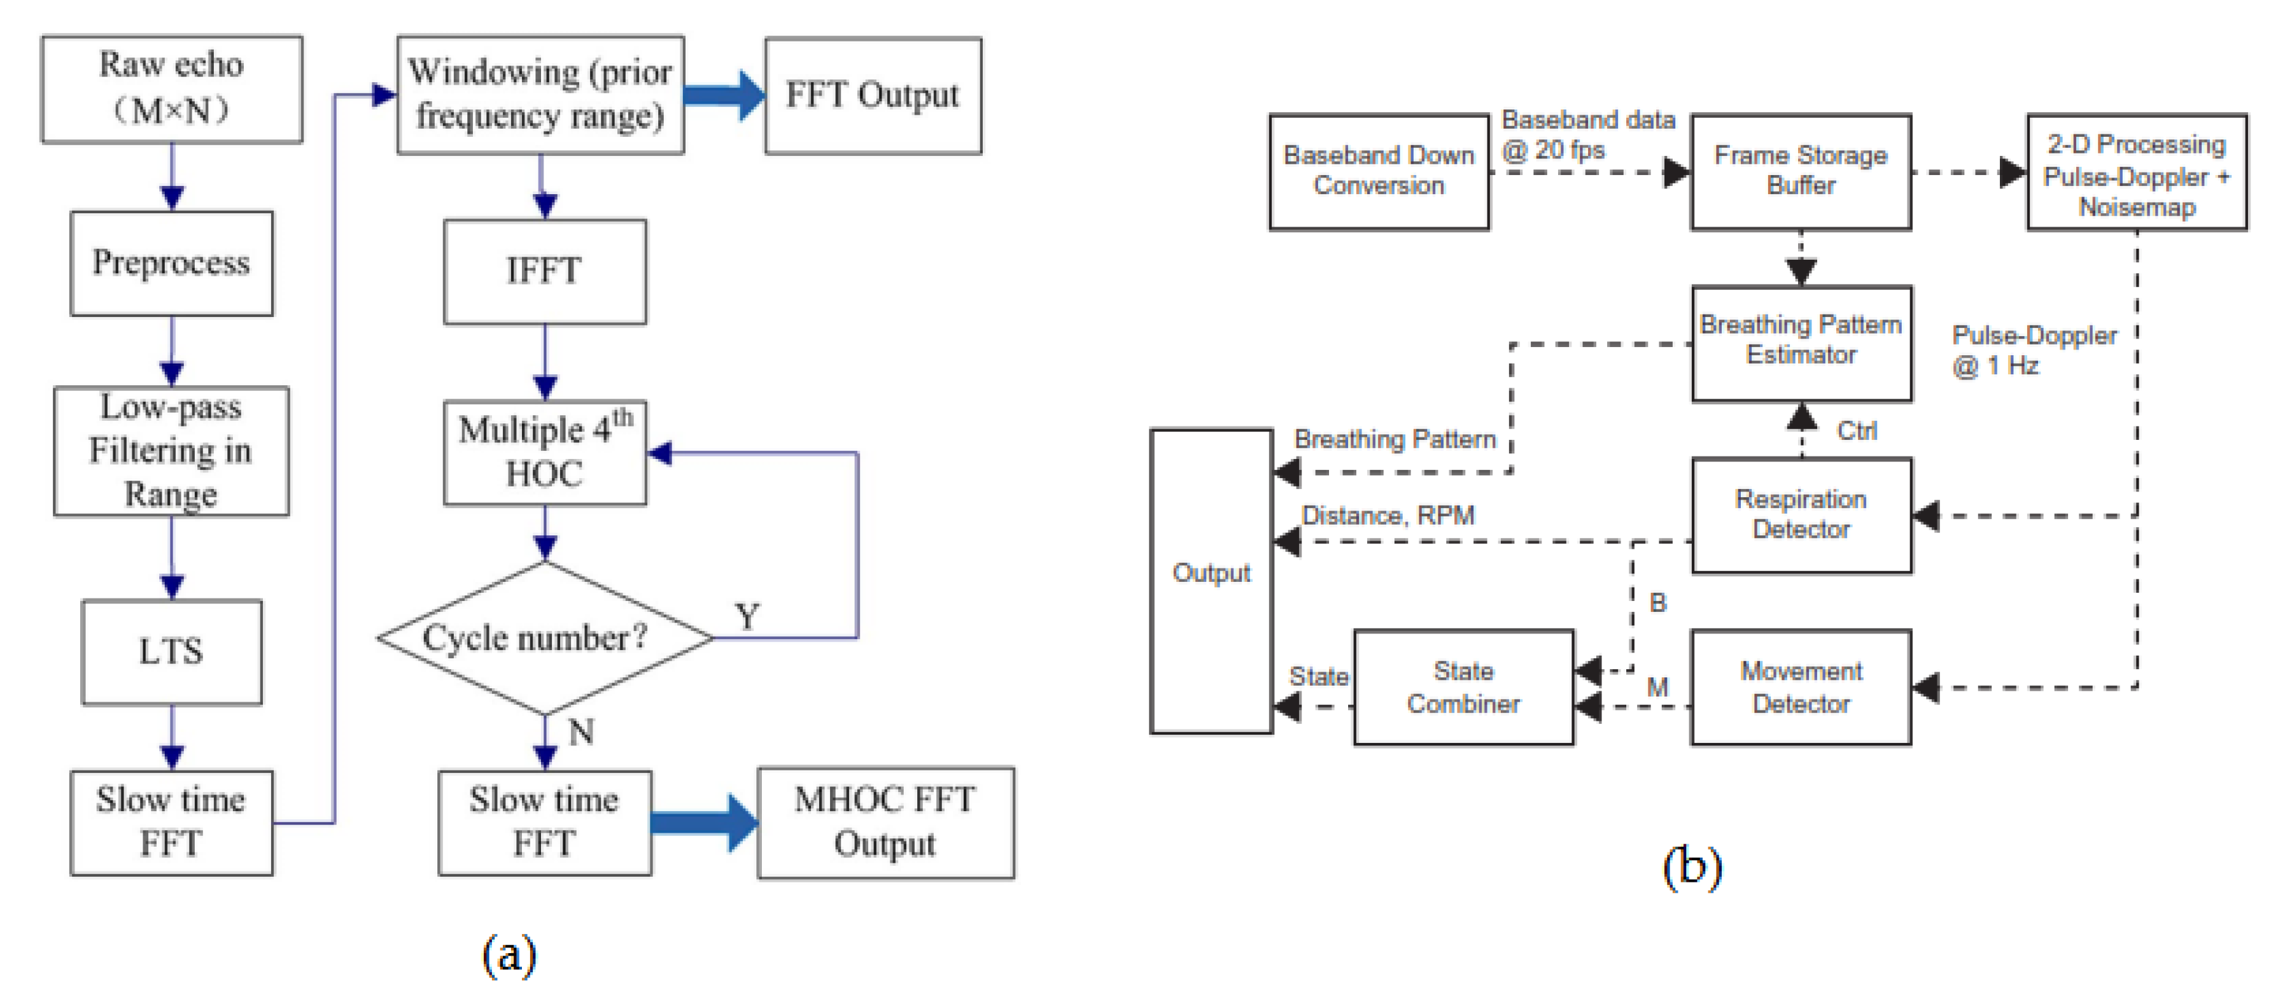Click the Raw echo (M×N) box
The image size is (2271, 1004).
click(171, 89)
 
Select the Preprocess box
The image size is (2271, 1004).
click(171, 263)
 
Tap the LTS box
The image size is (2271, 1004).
click(171, 651)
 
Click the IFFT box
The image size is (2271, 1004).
click(544, 271)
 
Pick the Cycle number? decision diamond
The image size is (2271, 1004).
click(544, 637)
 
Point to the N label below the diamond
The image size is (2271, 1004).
click(581, 732)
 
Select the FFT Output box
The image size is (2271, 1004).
click(872, 95)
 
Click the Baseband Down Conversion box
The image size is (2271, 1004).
click(1378, 171)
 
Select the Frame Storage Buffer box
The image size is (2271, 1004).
click(1800, 171)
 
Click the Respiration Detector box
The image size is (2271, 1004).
click(1800, 515)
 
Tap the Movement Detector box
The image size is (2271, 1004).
click(1800, 688)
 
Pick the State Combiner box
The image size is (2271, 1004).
click(1463, 688)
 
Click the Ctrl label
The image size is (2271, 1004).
click(1856, 431)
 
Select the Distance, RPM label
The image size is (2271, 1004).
click(1388, 516)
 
